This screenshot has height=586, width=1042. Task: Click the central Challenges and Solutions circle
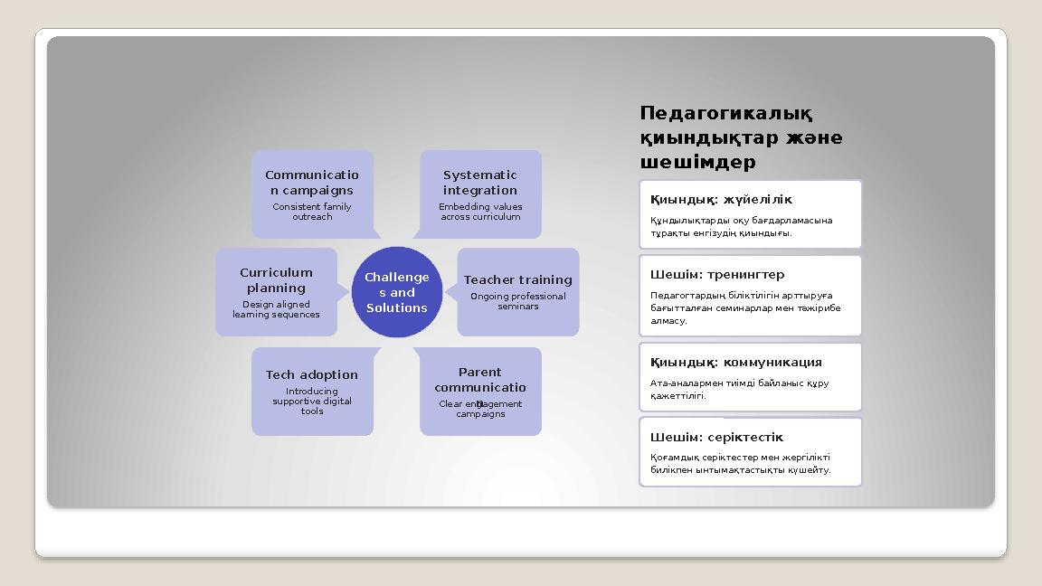tap(396, 291)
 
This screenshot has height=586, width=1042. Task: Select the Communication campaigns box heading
tap(312, 183)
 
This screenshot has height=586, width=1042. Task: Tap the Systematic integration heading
tap(480, 183)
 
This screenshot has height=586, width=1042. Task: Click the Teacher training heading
tap(517, 279)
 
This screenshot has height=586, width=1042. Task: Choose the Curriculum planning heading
tap(276, 279)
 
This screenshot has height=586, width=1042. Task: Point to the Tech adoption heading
tap(312, 374)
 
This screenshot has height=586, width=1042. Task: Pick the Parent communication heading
tap(480, 380)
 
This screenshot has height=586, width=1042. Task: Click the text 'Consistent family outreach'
tap(312, 212)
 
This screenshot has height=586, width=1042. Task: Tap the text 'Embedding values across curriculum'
tap(480, 212)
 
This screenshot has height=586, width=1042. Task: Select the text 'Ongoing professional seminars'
tap(517, 301)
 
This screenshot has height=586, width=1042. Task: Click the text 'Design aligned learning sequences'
tap(276, 309)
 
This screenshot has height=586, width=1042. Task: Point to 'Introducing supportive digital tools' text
tap(312, 402)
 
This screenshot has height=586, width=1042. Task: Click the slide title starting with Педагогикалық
tap(741, 137)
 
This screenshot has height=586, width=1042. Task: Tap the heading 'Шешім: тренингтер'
tap(717, 274)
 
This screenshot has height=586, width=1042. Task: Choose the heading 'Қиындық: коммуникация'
tap(736, 362)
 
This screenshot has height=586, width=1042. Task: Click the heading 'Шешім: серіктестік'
tap(716, 437)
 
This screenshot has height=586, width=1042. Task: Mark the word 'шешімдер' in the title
tap(697, 163)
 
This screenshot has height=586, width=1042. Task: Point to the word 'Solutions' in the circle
tap(396, 308)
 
